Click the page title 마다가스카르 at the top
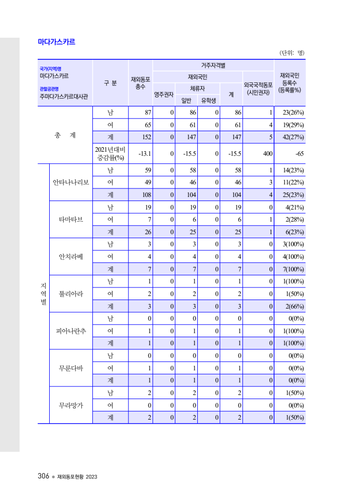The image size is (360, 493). (56, 42)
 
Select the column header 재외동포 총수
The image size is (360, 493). (140, 83)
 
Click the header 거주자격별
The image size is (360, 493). (213, 65)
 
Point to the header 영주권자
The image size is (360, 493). (164, 94)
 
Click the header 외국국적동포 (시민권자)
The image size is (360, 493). (258, 88)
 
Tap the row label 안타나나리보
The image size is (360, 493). (71, 182)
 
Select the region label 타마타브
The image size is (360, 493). (71, 220)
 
